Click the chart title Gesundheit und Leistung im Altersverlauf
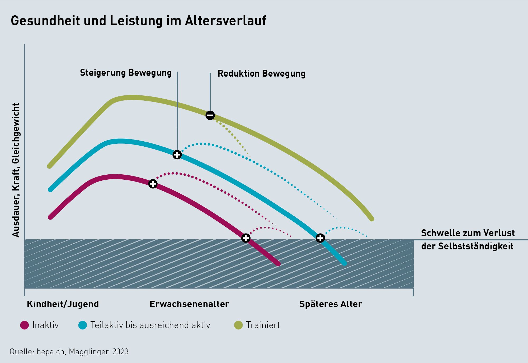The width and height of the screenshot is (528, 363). [x=138, y=21]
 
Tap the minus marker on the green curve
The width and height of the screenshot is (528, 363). [x=210, y=115]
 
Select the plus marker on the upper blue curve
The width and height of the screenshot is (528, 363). [x=177, y=155]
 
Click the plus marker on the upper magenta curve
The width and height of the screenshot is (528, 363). [x=153, y=184]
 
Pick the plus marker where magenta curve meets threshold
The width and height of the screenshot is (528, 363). [x=246, y=238]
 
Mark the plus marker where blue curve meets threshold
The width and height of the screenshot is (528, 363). [x=320, y=238]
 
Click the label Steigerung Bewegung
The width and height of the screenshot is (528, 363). [x=126, y=73]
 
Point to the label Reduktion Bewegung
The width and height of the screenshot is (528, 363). [x=261, y=73]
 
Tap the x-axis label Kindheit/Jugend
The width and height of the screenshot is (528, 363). [x=63, y=304]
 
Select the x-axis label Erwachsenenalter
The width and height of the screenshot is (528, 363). [x=189, y=304]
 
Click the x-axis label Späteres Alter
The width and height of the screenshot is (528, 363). [x=331, y=304]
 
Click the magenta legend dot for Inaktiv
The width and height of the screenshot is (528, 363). [x=25, y=325]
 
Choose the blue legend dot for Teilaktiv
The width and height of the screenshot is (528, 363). [x=83, y=325]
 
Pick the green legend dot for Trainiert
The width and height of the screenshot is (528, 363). [x=238, y=325]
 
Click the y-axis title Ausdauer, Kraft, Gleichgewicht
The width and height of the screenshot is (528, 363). [x=16, y=170]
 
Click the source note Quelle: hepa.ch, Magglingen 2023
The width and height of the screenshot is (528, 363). [x=69, y=352]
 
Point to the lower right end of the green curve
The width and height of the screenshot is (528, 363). [x=372, y=219]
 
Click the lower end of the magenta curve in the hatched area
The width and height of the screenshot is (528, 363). [x=278, y=263]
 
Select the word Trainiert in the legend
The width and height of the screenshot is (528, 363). [x=263, y=325]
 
